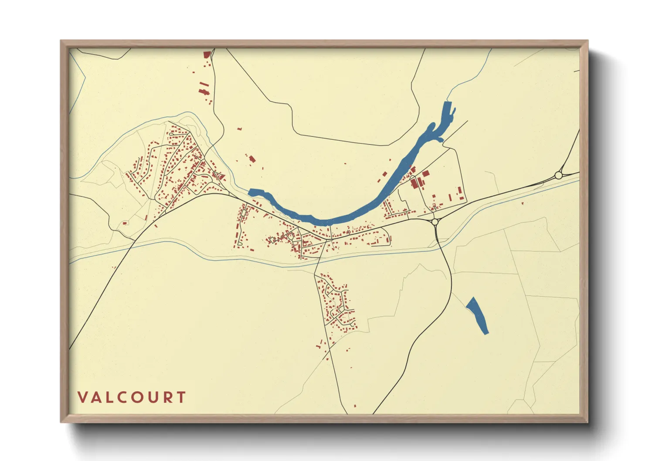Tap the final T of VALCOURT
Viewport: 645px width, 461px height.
tap(181, 397)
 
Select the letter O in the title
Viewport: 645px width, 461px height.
tap(135, 397)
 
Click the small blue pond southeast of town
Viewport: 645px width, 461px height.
tap(477, 315)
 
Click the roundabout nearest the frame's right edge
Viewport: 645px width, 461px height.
tap(558, 175)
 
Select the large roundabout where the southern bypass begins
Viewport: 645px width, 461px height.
tap(435, 222)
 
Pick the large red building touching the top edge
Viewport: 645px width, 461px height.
tap(207, 54)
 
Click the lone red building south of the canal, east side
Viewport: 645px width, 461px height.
tap(523, 203)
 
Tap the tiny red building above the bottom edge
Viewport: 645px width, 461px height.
tap(355, 406)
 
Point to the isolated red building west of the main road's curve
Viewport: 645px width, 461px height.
tap(125, 223)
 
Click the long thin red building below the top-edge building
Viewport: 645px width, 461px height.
tap(204, 85)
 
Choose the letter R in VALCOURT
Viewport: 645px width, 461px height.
tap(167, 397)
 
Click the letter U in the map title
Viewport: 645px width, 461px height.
tap(152, 397)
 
